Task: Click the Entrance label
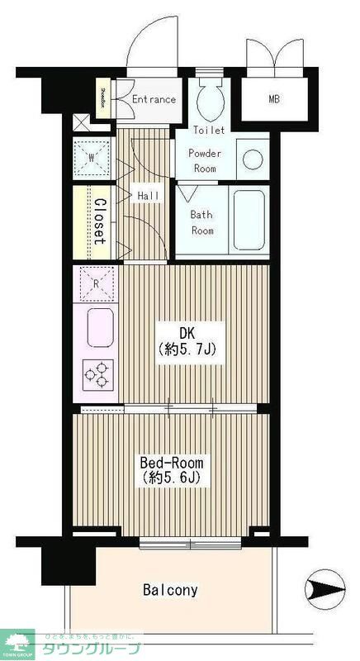[154, 99]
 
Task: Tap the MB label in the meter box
[273, 100]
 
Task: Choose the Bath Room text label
[202, 222]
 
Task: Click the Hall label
[148, 195]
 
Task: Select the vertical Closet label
[98, 221]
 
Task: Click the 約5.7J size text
[187, 350]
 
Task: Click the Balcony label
[170, 590]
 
